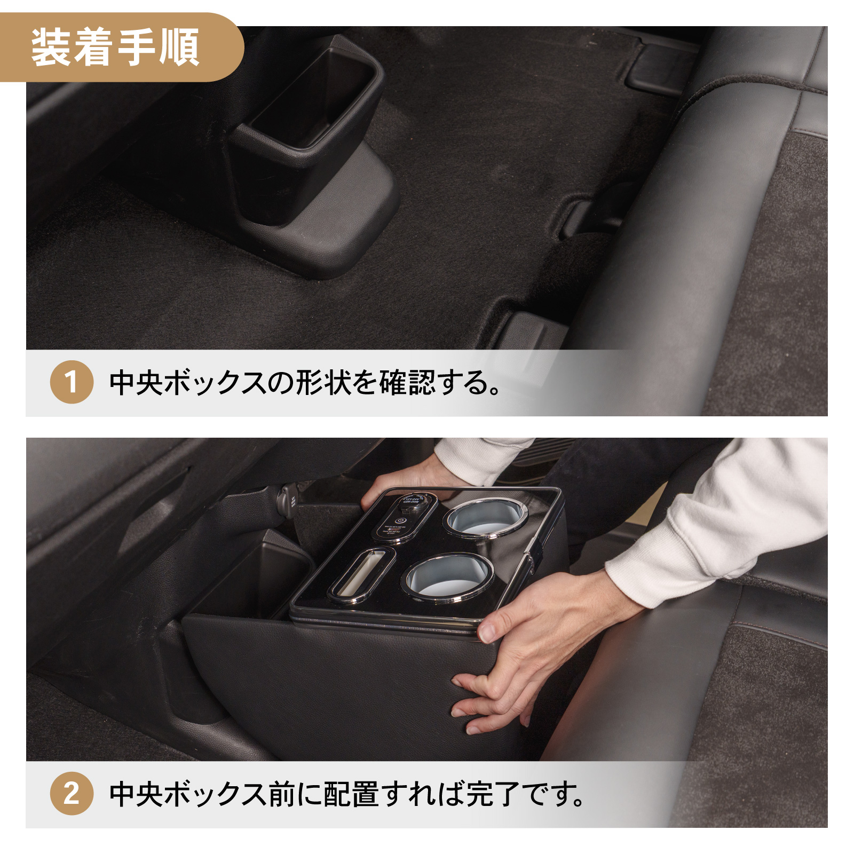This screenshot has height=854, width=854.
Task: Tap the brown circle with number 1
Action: click(x=72, y=382)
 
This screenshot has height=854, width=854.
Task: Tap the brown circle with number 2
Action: click(x=72, y=793)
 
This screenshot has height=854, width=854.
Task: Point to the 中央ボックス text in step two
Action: click(x=188, y=794)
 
